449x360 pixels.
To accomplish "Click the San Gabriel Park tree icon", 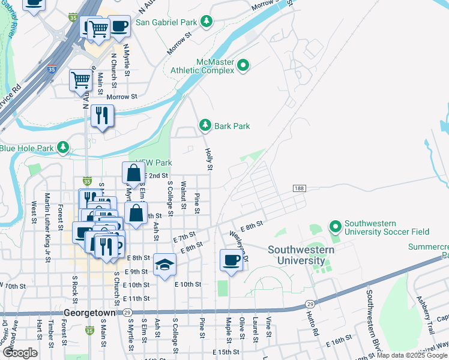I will pos(206,22).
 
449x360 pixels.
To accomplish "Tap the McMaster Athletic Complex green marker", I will pos(243,65).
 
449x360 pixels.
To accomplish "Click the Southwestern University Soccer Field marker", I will pos(335,226).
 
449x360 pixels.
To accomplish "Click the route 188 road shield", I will pos(299,188).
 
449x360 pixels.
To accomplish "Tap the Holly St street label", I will pos(209,159).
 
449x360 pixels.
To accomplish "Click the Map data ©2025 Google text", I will pos(412,355).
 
